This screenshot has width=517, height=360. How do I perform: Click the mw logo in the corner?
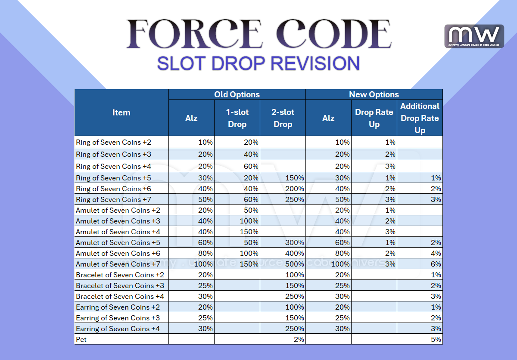(474, 36)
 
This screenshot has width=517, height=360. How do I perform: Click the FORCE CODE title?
(258, 34)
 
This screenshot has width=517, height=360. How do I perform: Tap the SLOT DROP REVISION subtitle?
(258, 63)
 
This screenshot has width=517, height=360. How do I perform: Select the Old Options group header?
(237, 95)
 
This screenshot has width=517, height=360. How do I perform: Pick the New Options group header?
(374, 95)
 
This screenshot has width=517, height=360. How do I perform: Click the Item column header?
(121, 113)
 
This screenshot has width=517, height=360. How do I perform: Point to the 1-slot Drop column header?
(237, 118)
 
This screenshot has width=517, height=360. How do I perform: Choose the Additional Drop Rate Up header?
(420, 118)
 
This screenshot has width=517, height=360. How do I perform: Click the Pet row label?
(81, 339)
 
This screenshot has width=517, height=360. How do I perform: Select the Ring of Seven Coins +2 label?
(113, 142)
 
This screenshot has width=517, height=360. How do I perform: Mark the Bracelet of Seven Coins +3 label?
(120, 286)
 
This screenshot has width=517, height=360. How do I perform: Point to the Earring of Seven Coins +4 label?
(119, 329)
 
